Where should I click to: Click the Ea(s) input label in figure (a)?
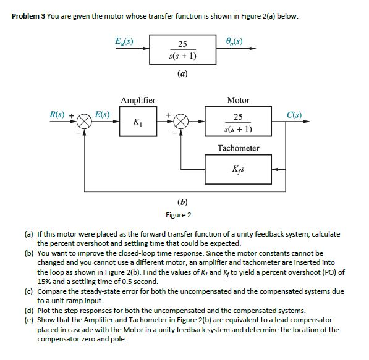(x=124, y=42)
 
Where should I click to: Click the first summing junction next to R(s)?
(x=84, y=122)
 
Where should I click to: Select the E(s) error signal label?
(x=103, y=115)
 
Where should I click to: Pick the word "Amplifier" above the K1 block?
(x=138, y=100)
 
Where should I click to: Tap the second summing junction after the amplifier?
(x=180, y=122)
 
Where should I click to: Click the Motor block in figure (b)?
(x=238, y=122)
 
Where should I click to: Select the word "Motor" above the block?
(x=238, y=100)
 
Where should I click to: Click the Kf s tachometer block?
(x=238, y=169)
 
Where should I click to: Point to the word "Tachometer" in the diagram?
(x=238, y=148)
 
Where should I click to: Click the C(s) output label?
(x=294, y=115)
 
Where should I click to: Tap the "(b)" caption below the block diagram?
(x=182, y=201)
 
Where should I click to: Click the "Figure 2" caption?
(x=179, y=215)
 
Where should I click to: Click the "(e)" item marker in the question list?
(x=28, y=320)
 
